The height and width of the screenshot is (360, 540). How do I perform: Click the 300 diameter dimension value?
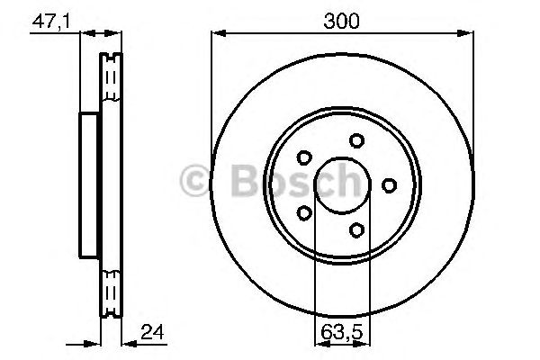[x=343, y=21]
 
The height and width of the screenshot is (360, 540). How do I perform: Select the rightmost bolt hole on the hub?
[x=389, y=185]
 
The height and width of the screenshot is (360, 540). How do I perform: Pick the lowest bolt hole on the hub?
[x=357, y=230]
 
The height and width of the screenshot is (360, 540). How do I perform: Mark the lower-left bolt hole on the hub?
[x=304, y=213]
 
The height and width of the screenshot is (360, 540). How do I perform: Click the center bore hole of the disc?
[x=343, y=185]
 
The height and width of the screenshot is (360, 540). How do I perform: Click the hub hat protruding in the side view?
[x=88, y=185]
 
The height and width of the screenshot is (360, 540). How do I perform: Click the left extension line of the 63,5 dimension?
[x=314, y=270]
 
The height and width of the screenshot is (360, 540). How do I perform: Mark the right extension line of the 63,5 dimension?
[x=372, y=270]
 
